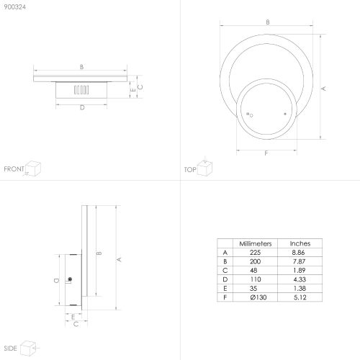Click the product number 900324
click(x=15, y=7)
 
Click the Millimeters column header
click(x=256, y=243)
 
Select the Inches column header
click(x=300, y=243)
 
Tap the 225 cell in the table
click(x=255, y=253)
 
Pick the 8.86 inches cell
click(x=298, y=253)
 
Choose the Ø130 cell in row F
click(x=258, y=297)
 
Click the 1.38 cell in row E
click(x=300, y=288)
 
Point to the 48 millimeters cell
click(x=253, y=271)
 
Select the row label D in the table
click(x=225, y=279)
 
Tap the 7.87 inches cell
click(x=299, y=261)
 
